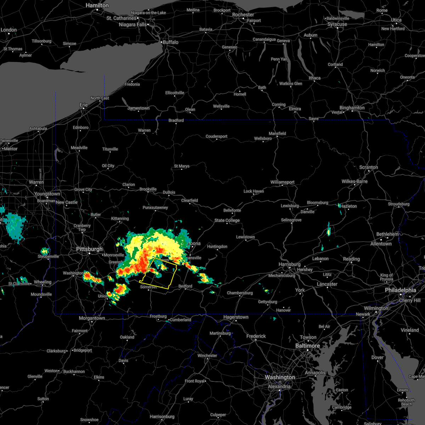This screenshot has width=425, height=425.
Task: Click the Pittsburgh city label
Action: pos(89,249)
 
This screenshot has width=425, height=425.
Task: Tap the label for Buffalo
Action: pos(170,42)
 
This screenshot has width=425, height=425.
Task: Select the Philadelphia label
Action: pos(400,290)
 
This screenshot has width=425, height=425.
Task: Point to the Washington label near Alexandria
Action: pos(280,377)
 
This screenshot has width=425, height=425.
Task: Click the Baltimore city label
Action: pos(307,346)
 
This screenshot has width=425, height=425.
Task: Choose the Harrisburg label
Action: pos(289,264)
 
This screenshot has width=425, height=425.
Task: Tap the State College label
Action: pos(227,220)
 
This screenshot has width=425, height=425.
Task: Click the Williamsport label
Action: pos(282,182)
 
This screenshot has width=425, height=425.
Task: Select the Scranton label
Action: pos(368,167)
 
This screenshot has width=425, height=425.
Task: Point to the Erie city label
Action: pos(84,105)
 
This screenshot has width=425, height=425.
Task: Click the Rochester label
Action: pos(243,15)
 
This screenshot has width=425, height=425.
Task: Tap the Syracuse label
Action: pos(337,24)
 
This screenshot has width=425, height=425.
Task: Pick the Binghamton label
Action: pos(352,108)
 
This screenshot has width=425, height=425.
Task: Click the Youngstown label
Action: pos(47,194)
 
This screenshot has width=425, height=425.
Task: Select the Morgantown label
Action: pos(92,318)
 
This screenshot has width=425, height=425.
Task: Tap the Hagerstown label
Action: pos(236,317)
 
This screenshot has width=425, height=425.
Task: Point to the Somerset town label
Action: pos(148,287)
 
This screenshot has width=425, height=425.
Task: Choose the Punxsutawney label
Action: pos(155,208)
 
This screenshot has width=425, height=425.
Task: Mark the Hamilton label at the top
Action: pos(97,6)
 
